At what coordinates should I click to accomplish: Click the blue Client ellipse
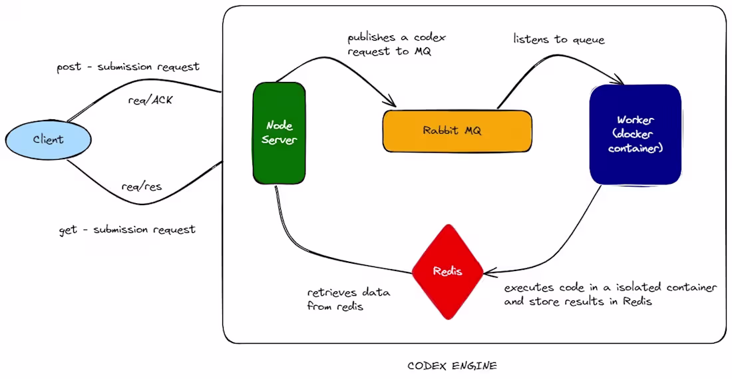(x=48, y=140)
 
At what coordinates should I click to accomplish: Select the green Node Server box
(x=279, y=133)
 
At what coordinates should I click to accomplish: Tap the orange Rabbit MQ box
(x=457, y=131)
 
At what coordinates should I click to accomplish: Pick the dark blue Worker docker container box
(x=635, y=134)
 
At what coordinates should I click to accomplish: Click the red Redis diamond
(x=447, y=271)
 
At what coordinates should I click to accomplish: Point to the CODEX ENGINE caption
(x=452, y=366)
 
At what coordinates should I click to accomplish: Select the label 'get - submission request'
(x=127, y=230)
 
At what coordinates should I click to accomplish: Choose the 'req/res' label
(x=142, y=187)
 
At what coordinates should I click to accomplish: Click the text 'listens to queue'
(x=559, y=39)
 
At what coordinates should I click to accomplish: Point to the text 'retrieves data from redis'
(x=348, y=299)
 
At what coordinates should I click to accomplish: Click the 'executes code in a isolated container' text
(x=610, y=288)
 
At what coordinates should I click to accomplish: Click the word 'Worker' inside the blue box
(x=636, y=120)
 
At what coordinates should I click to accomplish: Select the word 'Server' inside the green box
(x=279, y=140)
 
